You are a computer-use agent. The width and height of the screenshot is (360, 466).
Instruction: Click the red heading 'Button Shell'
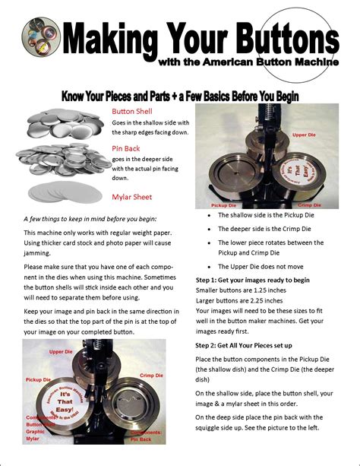(x=132, y=111)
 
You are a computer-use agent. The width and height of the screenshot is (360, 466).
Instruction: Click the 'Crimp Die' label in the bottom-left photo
(x=152, y=376)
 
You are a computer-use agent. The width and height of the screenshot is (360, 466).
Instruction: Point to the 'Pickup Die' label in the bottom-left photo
(x=38, y=379)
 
